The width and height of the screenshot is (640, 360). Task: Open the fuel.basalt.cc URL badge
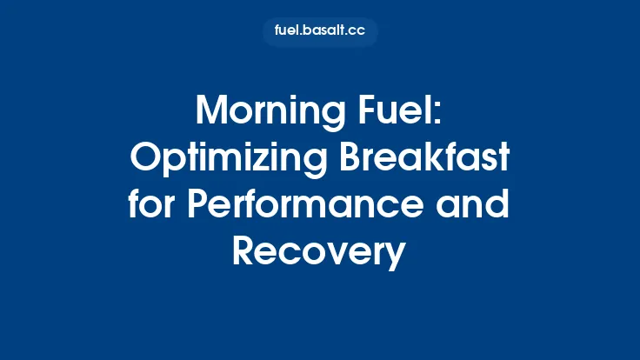(320, 32)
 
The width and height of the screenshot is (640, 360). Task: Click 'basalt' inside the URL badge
(325, 32)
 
